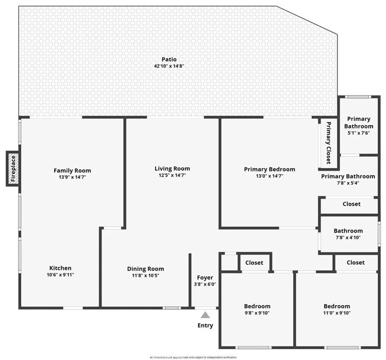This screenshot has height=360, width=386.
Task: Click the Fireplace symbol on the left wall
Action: tap(13, 168)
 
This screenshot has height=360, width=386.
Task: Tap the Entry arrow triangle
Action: tap(205, 315)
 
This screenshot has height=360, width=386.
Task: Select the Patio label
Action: tap(169, 59)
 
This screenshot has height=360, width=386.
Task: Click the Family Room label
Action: tap(72, 171)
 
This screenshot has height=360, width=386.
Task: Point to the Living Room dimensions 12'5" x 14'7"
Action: tap(172, 175)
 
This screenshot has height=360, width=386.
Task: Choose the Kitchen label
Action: tap(61, 268)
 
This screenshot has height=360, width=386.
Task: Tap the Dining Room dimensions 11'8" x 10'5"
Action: tap(146, 275)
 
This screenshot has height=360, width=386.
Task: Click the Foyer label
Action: tap(205, 278)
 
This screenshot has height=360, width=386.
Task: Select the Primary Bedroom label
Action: tap(270, 169)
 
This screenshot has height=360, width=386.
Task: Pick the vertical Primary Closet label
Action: tap(328, 143)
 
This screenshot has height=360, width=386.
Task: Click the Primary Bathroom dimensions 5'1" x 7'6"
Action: tap(358, 133)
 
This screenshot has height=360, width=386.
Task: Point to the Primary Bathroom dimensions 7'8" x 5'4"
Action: tap(348, 183)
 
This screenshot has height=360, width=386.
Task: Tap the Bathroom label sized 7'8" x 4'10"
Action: tap(348, 231)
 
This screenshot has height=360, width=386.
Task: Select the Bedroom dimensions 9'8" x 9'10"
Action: tap(257, 313)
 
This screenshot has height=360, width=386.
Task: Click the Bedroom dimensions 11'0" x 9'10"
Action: tap(337, 313)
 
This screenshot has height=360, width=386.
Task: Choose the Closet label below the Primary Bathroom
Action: tap(351, 204)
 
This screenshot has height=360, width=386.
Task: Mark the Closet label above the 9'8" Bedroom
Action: tap(254, 262)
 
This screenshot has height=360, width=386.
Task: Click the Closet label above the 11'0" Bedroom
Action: tap(355, 262)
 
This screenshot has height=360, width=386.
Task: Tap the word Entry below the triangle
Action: tap(205, 325)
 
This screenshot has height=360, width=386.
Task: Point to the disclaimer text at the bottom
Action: tap(193, 357)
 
